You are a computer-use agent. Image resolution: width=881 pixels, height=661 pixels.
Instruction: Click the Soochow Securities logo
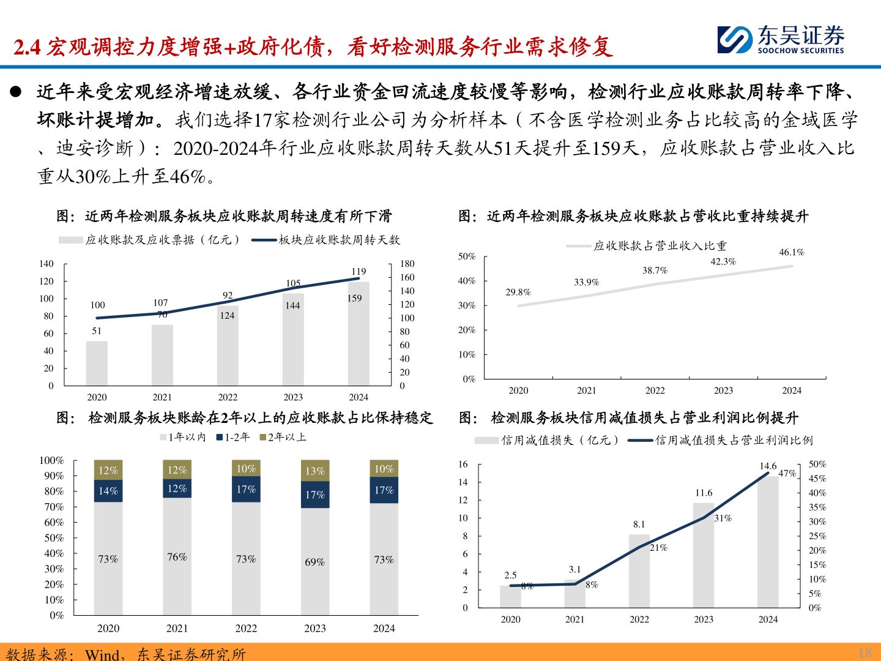781,40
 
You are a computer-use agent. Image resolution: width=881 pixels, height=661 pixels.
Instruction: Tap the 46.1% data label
792,252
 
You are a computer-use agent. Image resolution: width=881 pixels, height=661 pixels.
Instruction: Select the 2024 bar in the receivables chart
359,334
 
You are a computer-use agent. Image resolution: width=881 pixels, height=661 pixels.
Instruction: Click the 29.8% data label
518,292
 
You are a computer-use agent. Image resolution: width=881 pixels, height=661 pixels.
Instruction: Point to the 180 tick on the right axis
407,264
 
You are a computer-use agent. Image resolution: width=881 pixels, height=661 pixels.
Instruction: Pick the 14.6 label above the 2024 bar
768,466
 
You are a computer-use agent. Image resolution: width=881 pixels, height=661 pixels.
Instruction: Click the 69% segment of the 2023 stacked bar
315,561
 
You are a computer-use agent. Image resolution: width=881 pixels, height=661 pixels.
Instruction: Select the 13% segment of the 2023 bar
315,471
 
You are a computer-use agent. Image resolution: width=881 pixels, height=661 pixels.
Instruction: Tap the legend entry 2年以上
283,437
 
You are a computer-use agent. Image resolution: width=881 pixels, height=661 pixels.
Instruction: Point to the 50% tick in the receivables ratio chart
467,256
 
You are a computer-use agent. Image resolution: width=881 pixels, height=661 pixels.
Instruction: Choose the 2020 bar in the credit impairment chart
510,597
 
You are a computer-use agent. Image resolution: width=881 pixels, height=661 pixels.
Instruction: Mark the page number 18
864,652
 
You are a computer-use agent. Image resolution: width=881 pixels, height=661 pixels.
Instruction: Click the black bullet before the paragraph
16,92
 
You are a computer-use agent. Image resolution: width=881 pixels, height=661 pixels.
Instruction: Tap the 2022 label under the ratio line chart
655,390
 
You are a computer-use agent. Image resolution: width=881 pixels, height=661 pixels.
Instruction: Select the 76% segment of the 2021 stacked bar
177,556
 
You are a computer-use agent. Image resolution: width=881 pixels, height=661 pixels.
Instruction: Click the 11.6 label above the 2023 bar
704,493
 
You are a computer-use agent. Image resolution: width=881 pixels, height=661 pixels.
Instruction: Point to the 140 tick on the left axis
46,264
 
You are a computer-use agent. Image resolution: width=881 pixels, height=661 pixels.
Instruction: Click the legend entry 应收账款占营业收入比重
660,246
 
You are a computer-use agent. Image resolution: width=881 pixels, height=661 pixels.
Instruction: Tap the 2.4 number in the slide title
26,47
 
